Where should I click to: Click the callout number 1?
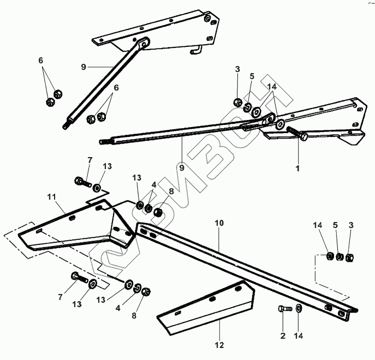(x=298, y=169)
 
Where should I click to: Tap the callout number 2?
(x=283, y=334)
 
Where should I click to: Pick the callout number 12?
(x=219, y=345)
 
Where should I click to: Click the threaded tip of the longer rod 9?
(x=103, y=142)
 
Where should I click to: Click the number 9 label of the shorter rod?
(x=84, y=67)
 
